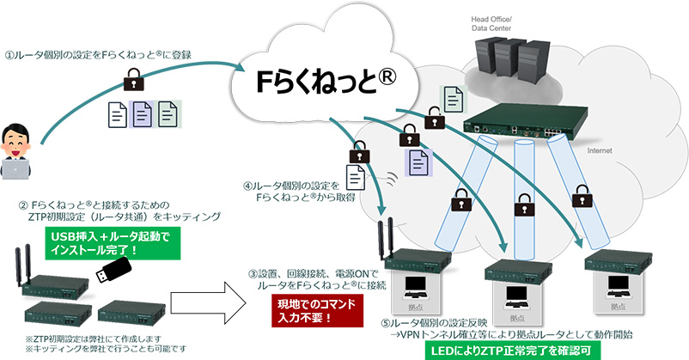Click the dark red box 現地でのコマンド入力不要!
pyautogui.click(x=300, y=310)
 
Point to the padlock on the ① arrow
pyautogui.click(x=132, y=84)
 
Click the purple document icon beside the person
pyautogui.click(x=142, y=112)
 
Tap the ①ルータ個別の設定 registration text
pyautogui.click(x=96, y=54)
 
